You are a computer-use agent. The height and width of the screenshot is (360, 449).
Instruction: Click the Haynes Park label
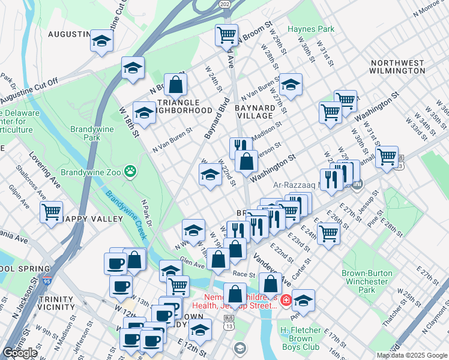coord(310,29)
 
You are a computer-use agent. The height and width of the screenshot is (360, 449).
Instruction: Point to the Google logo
coord(20,353)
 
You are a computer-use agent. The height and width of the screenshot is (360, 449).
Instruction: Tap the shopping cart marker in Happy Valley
coord(52,211)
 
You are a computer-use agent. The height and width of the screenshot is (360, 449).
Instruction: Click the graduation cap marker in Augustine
coord(102,41)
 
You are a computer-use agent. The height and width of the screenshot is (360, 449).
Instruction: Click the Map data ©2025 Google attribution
coord(411,355)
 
